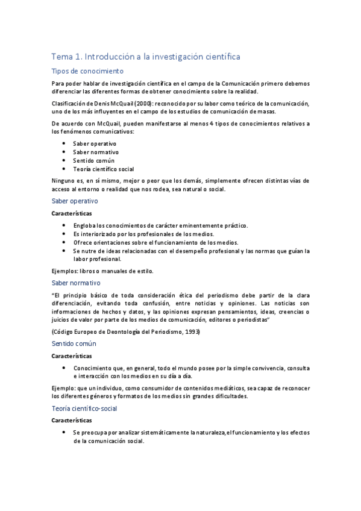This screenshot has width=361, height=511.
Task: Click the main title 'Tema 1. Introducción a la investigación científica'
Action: (146, 57)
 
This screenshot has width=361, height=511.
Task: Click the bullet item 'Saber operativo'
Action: (95, 143)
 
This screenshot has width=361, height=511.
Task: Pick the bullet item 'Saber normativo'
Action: (96, 152)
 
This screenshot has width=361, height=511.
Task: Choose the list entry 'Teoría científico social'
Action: (103, 169)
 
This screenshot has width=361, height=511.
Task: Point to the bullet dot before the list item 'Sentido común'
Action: (64, 161)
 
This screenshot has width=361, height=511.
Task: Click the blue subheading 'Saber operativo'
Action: (75, 201)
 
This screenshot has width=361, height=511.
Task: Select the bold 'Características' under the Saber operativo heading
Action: (72, 213)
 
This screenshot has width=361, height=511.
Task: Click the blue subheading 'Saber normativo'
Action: (76, 283)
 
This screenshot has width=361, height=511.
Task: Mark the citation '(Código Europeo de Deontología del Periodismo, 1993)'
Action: (124, 332)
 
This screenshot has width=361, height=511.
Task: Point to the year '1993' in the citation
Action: (187, 332)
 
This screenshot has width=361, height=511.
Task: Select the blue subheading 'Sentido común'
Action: (74, 343)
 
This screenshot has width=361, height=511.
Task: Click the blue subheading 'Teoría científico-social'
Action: (84, 409)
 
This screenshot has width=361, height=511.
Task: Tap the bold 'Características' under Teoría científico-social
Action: (72, 420)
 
